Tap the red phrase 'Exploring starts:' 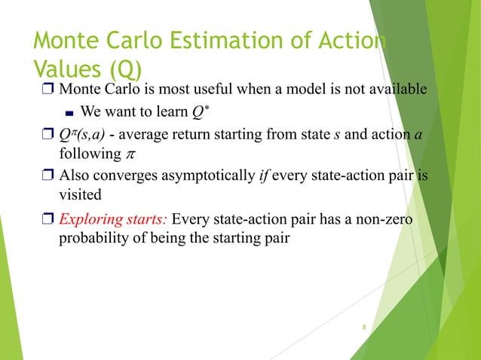pos(113,220)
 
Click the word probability pos(94,239)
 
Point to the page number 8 pos(363,328)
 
